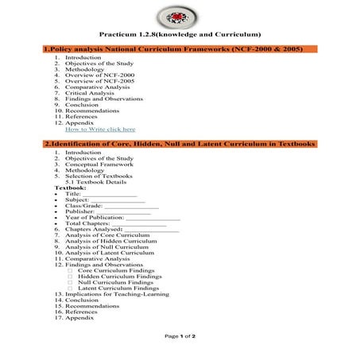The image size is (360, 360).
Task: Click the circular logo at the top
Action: tap(180, 15)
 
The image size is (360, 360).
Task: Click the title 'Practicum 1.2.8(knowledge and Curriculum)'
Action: tap(180, 35)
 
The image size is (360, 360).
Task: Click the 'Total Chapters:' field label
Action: tap(87, 224)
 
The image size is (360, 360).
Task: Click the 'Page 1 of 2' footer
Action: tap(180, 336)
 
